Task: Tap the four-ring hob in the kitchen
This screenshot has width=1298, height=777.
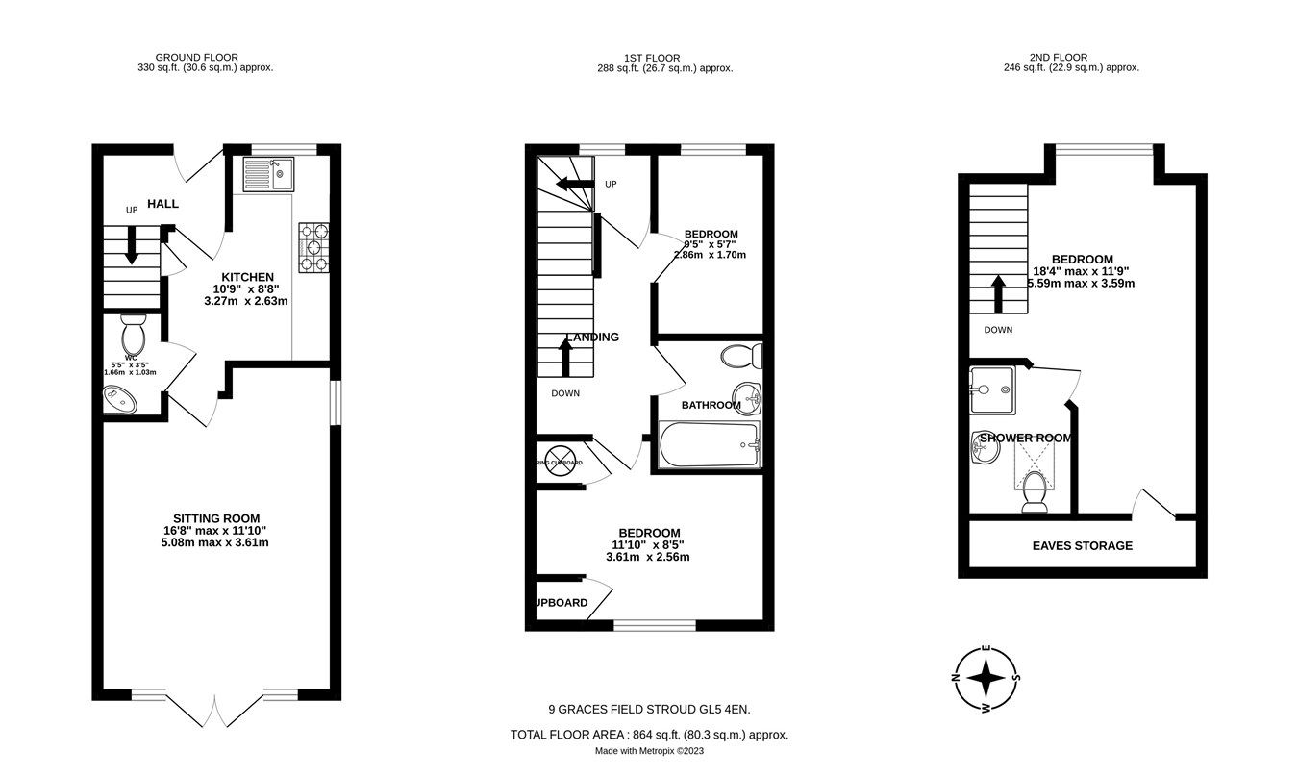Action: click(313, 247)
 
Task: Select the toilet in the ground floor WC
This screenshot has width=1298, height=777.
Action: click(132, 336)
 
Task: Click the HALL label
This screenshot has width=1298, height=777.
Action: click(162, 205)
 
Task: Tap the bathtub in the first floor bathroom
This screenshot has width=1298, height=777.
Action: click(710, 445)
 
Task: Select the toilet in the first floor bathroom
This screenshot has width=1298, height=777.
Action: click(741, 357)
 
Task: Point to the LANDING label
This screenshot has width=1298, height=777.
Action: click(592, 338)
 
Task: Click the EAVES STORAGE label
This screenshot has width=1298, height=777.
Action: click(1082, 546)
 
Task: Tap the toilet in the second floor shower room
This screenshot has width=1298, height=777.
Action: click(1035, 490)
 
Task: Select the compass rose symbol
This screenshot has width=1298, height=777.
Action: click(986, 678)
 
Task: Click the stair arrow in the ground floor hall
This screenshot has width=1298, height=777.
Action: click(131, 244)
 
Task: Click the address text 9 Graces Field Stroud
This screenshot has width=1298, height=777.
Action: click(649, 710)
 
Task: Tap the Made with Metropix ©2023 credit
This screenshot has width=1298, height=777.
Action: click(649, 751)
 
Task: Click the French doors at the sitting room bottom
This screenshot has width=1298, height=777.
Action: click(216, 710)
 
